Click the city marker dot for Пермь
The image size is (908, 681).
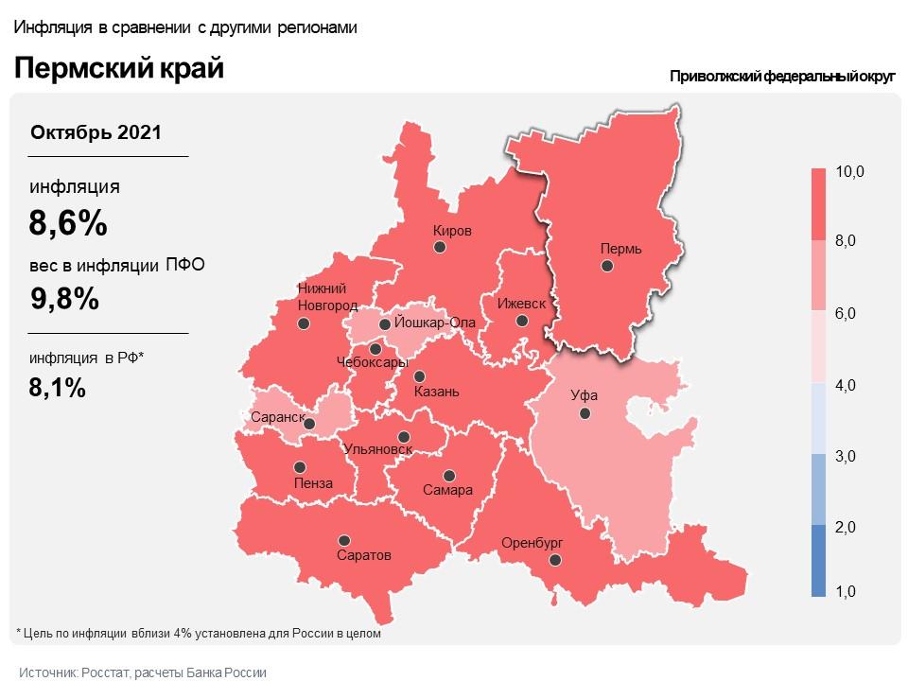(x=608, y=267)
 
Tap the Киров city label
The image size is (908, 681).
(x=452, y=231)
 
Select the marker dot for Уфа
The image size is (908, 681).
(x=585, y=413)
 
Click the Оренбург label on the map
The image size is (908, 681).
(x=533, y=543)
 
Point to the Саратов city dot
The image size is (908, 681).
(x=344, y=540)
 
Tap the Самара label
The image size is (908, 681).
(x=449, y=491)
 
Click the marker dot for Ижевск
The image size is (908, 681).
(x=522, y=321)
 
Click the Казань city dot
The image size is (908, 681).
(x=419, y=375)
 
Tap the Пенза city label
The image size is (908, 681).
(x=313, y=483)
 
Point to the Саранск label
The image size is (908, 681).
(x=277, y=417)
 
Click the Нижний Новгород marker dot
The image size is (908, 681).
(x=304, y=323)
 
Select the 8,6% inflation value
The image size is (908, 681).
(x=67, y=224)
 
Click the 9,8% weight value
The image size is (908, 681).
(x=64, y=299)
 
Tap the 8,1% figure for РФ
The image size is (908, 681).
(x=58, y=387)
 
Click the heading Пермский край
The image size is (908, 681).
(x=118, y=69)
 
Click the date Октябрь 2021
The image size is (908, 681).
(x=96, y=132)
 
